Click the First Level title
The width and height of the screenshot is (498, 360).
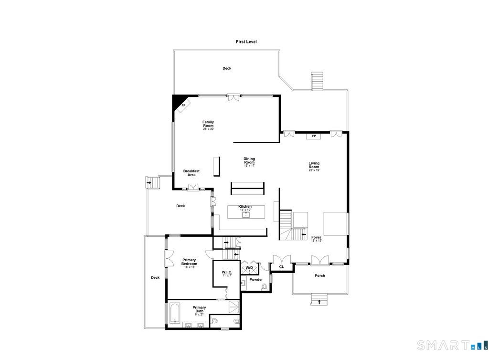(246, 42)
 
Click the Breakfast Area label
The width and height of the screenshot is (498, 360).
(191, 173)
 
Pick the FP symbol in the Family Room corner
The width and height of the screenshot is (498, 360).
(183, 106)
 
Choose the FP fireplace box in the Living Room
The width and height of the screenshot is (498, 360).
(314, 136)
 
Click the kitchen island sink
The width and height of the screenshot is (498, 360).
(246, 214)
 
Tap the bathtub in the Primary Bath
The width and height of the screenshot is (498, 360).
(175, 313)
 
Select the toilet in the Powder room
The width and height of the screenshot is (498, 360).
(264, 287)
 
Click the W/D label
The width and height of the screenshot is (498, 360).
(249, 268)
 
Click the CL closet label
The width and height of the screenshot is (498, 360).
(281, 267)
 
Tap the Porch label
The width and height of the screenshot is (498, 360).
(320, 275)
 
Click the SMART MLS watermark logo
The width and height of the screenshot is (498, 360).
(453, 345)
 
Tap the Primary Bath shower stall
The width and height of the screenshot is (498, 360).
(234, 307)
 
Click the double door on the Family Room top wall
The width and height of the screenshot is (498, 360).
(234, 97)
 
